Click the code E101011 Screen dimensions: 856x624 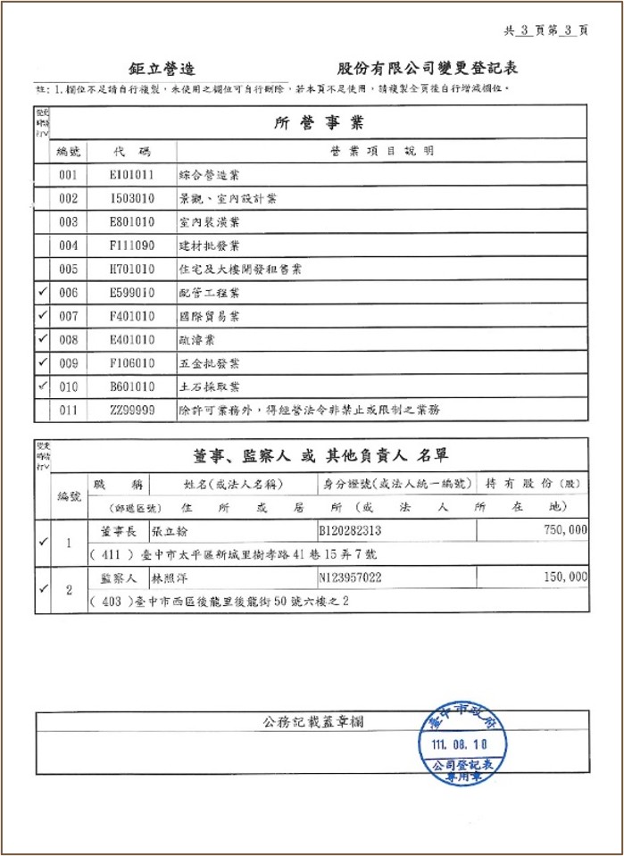pyautogui.click(x=132, y=175)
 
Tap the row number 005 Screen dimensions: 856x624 pyautogui.click(x=69, y=269)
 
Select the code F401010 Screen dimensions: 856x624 pyautogui.click(x=132, y=316)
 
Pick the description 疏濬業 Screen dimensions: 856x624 pyautogui.click(x=197, y=340)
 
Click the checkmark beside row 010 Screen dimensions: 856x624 pyautogui.click(x=42, y=386)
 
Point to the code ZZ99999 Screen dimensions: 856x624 pyautogui.click(x=132, y=411)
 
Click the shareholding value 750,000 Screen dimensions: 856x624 pyautogui.click(x=564, y=530)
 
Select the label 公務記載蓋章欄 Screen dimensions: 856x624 pyautogui.click(x=313, y=721)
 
